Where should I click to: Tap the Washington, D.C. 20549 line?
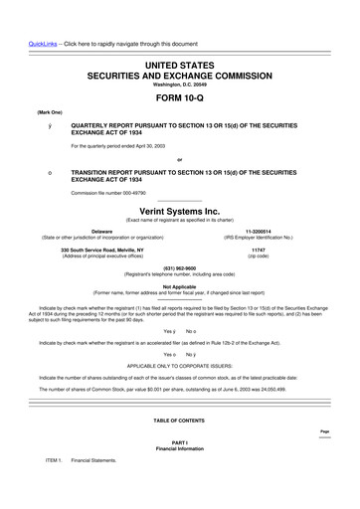point(179,84)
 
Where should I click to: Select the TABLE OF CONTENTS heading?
point(179,422)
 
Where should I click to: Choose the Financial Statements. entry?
point(94,460)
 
